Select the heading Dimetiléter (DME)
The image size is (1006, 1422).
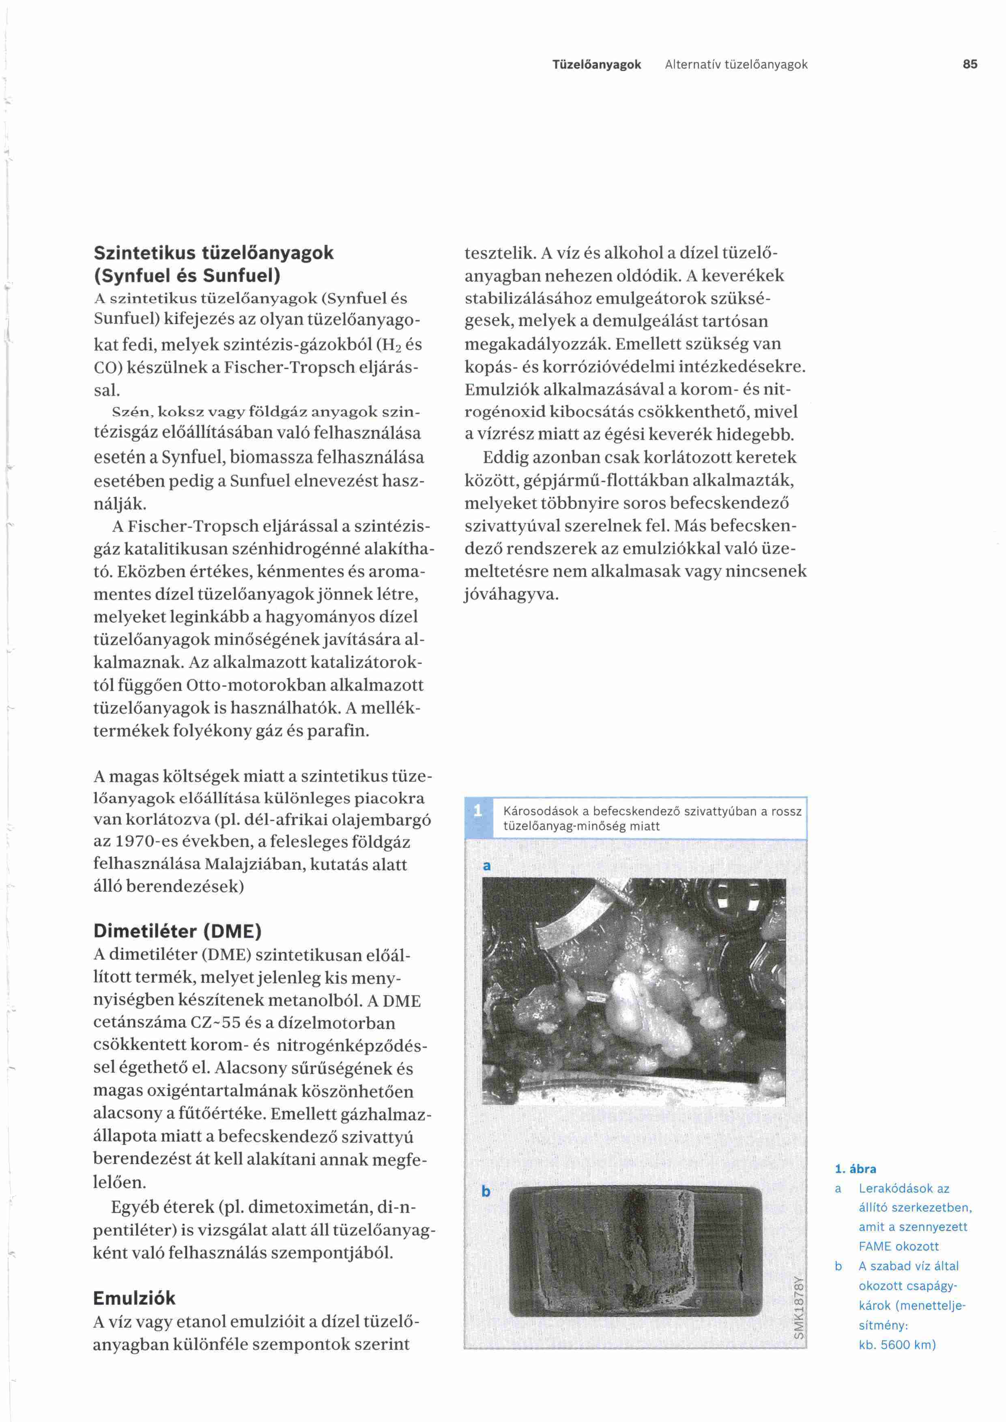pyautogui.click(x=178, y=931)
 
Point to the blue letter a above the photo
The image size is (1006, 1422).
pyautogui.click(x=487, y=865)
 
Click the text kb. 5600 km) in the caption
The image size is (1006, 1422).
pyautogui.click(x=897, y=1345)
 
